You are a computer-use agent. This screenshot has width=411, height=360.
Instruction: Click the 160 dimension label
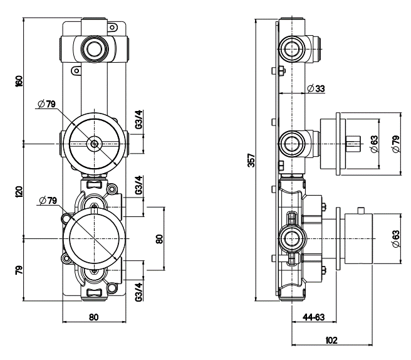[19, 81]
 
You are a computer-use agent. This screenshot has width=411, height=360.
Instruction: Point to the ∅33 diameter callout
[316, 89]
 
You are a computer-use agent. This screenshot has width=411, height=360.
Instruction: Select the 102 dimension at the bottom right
[332, 341]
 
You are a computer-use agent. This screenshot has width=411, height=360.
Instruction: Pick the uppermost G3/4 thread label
[139, 120]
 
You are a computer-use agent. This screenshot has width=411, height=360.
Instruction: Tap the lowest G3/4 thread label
[138, 291]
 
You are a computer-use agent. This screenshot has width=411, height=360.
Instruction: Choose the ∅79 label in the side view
[395, 144]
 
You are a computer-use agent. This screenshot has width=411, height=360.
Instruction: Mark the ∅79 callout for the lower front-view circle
[48, 201]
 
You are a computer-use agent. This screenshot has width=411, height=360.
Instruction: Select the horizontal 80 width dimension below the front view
[93, 317]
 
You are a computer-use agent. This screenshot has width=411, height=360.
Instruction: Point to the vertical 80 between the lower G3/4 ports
[159, 238]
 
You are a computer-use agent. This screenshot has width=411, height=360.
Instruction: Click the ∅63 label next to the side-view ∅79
[374, 144]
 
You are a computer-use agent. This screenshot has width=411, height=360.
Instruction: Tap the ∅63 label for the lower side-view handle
[395, 239]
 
